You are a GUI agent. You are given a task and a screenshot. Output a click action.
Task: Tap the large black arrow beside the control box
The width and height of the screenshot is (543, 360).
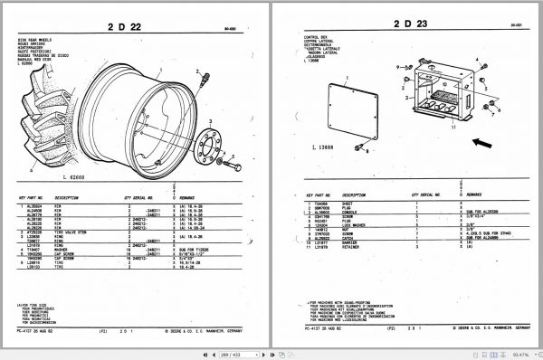point(484,142)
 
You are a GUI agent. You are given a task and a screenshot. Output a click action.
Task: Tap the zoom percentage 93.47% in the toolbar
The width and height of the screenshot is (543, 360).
point(519,353)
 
